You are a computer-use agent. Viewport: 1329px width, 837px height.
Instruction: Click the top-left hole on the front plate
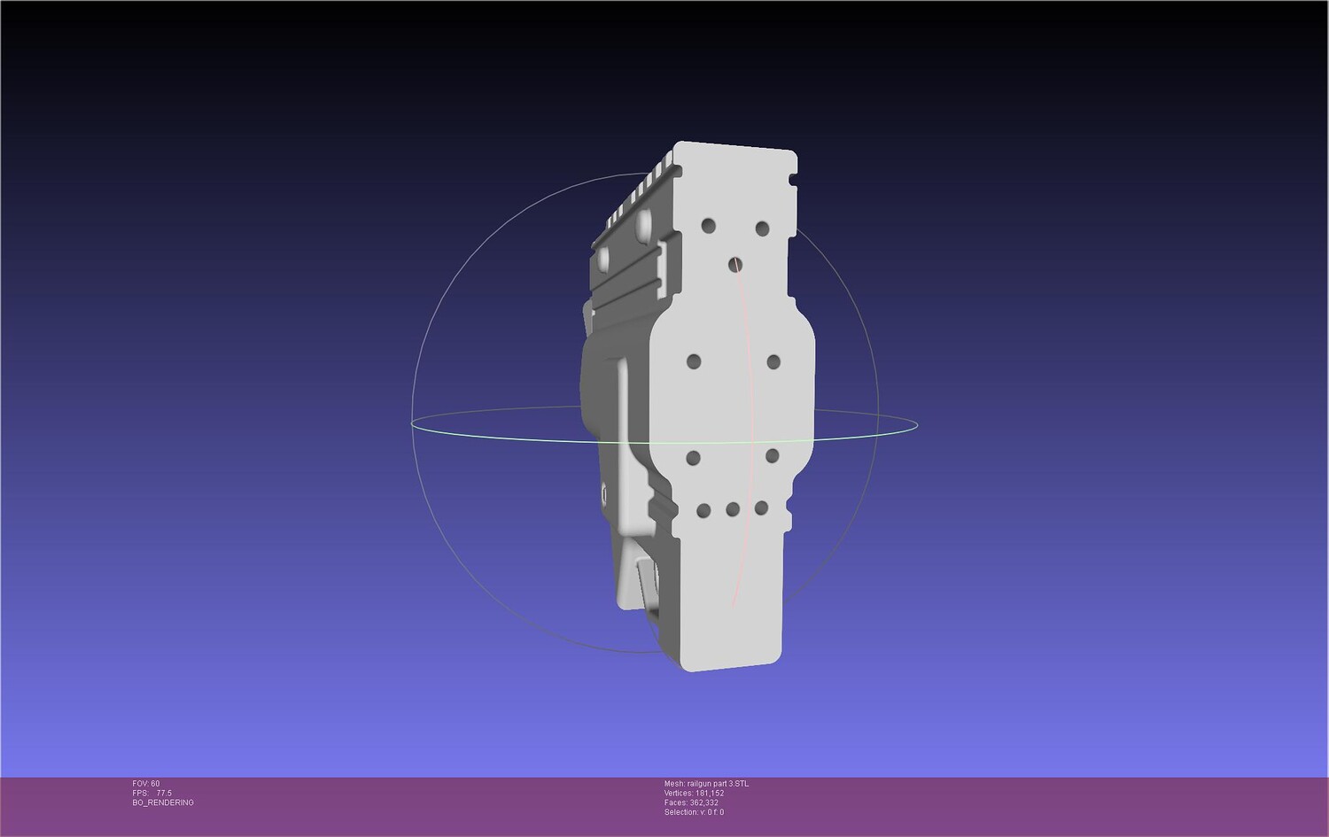[708, 226]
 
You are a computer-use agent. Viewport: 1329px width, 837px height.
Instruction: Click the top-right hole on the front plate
[762, 229]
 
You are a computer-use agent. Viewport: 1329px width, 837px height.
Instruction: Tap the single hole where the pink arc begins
[735, 265]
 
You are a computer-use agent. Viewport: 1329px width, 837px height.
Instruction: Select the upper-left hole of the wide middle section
[694, 361]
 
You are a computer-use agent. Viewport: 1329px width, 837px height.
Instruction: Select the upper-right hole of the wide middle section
[773, 362]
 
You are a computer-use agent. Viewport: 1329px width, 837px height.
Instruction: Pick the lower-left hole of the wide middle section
[693, 457]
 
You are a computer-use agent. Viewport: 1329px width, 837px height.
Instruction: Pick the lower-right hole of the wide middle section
[772, 455]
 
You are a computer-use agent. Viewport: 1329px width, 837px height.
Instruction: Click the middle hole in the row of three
[733, 509]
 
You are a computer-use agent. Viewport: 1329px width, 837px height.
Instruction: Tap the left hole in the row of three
[703, 510]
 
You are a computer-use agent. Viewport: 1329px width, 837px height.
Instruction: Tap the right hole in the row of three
[761, 508]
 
